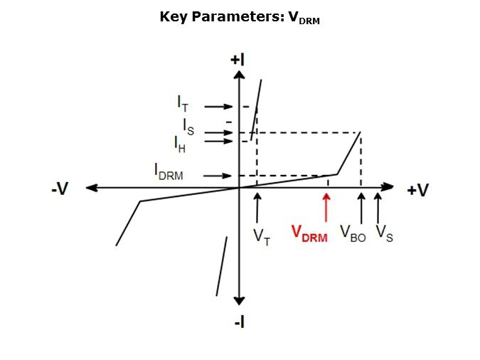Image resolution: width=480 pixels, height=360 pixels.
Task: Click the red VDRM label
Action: pos(309,234)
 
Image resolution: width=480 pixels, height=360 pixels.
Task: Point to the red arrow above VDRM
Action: pos(326,208)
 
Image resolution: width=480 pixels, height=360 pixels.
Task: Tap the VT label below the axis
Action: pos(262,237)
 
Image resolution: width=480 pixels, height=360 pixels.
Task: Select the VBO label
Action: pos(353,234)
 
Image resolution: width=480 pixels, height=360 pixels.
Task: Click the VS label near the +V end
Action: pos(385,234)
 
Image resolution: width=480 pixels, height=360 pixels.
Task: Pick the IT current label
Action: pos(183,104)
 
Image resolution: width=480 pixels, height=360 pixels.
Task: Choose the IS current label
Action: pos(188,127)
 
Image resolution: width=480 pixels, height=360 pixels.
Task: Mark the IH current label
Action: pos(180,144)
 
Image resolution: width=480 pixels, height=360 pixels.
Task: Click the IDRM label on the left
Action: pos(169,171)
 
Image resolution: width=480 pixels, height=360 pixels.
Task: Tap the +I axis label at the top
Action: pos(238,60)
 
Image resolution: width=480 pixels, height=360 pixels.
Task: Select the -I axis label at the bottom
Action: pos(240,322)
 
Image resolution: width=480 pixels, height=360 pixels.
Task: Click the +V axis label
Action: pos(418,190)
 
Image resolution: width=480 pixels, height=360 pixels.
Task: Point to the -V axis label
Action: pos(60,189)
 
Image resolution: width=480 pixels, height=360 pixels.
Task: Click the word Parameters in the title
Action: pos(235,16)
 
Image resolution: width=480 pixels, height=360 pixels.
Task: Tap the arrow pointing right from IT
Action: pos(218,107)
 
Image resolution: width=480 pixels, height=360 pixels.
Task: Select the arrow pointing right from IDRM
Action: pos(218,176)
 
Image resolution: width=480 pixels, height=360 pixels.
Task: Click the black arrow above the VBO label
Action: pos(361,208)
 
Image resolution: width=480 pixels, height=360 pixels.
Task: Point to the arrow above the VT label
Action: pos(257,208)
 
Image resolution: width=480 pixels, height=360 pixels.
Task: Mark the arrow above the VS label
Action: pos(378,208)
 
